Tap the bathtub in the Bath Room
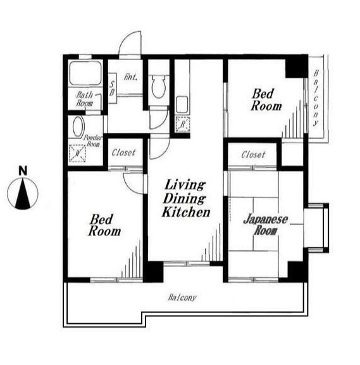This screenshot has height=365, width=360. pos(85,73)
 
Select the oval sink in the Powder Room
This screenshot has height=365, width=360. pos(78,127)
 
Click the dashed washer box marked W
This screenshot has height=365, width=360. pos(77,154)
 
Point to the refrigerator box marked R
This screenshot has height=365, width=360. pos(183,125)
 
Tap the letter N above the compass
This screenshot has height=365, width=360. pos(23,171)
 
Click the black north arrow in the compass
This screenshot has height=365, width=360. pos(23,194)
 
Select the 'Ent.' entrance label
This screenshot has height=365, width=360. pos(130,77)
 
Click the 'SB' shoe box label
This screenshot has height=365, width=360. pos(112,89)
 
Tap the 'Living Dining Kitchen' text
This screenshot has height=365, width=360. pos(186,199)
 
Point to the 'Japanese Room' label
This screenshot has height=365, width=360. pos(266,225)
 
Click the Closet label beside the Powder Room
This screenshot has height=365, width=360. pos(123,152)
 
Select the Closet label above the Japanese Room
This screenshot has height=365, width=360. pos(253,154)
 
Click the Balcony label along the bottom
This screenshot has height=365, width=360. pos(182,297)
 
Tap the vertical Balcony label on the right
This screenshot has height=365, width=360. pos(316,98)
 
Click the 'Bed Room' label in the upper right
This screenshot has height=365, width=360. pos(266,100)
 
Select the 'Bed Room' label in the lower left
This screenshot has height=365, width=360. pos(104,225)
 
